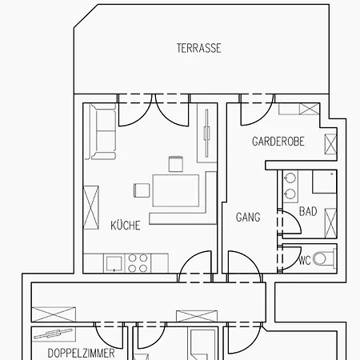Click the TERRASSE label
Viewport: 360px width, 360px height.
pos(199,48)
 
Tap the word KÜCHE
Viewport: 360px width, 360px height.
pos(126,226)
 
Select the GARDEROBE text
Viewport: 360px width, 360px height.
pos(278,142)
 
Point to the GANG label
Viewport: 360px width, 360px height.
pos(248,217)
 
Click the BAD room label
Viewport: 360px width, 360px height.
pos(308,211)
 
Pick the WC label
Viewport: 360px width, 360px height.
pos(305,260)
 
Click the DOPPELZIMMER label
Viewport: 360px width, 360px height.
pos(81,354)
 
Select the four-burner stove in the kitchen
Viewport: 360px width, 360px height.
pos(138,263)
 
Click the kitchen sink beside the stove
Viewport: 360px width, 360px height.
pos(114,263)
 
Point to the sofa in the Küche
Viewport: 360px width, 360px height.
pos(103,131)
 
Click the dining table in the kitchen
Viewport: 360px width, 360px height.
pos(176,190)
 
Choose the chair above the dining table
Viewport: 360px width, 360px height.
pos(176,164)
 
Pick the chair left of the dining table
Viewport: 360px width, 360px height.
pos(142,190)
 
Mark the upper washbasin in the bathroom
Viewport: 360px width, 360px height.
pos(290,178)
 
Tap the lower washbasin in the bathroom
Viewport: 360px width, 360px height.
pos(290,194)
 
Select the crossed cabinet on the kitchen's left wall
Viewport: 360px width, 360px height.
pos(91,207)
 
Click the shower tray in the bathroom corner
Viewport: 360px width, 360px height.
pos(325,182)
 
